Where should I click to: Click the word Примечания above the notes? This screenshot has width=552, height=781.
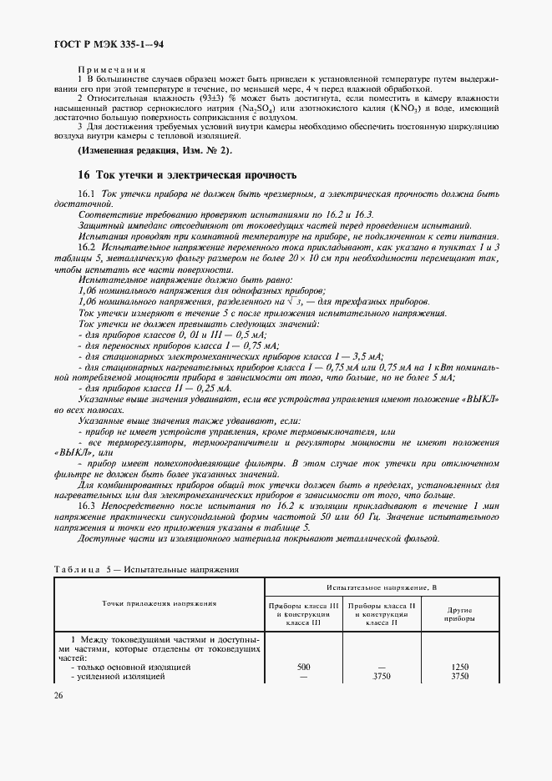(112, 70)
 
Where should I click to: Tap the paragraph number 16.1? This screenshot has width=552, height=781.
(88, 194)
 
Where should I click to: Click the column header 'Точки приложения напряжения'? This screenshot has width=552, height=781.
(160, 602)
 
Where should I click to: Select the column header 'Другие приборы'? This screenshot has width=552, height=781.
(458, 614)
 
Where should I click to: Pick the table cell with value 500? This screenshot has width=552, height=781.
(303, 668)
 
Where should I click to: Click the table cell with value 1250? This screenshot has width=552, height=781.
(458, 668)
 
